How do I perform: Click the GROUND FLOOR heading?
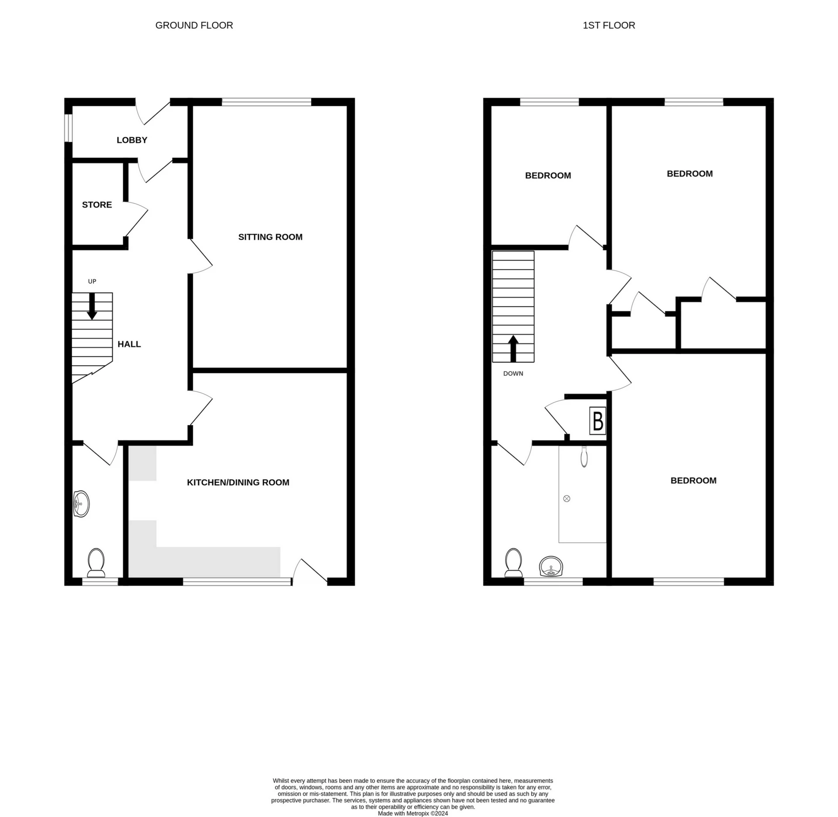194,25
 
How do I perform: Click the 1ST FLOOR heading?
608,25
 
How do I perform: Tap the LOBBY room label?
132,140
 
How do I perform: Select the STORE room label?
97,204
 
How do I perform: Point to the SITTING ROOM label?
270,237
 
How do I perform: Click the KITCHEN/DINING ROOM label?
238,482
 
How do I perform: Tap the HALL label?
129,344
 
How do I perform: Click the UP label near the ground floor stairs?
92,281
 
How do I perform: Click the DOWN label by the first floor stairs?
513,374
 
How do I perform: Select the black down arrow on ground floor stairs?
92,306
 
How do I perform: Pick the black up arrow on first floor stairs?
513,348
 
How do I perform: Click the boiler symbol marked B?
598,421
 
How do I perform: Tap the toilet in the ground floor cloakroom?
96,563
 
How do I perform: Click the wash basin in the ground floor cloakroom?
82,504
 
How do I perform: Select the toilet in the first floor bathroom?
514,563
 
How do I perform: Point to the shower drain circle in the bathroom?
567,499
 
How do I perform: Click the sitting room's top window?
266,102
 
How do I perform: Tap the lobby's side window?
68,128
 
